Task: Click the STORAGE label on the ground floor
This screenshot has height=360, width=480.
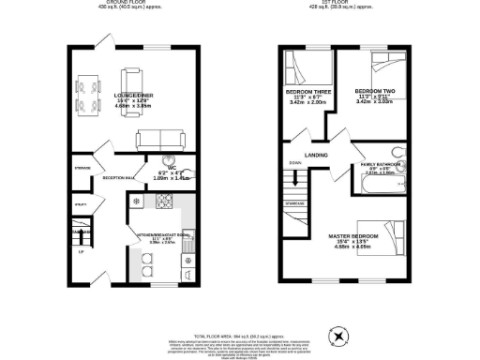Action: coord(82,169)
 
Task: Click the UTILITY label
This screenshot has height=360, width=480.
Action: coord(81,203)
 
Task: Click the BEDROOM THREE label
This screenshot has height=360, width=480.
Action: coord(304,92)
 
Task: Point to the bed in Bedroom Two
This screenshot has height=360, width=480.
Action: coord(384,67)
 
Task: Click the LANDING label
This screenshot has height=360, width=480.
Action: coord(314,156)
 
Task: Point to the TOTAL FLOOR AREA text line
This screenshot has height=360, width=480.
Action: coord(239,335)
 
